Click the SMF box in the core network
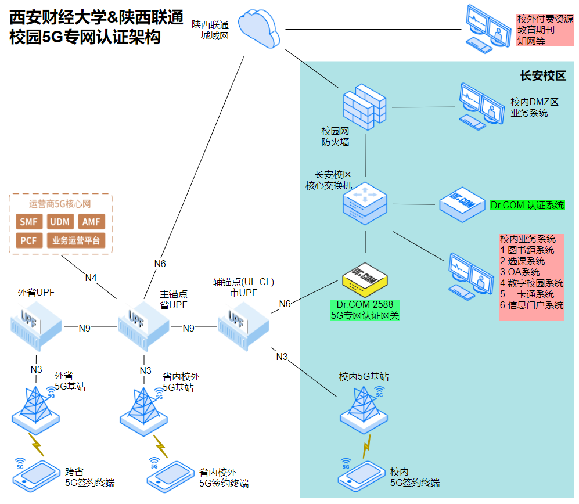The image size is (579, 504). (x=28, y=222)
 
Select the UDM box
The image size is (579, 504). (x=60, y=222)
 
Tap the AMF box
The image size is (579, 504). (x=91, y=222)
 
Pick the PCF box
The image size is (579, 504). (x=28, y=240)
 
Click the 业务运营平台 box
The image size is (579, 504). (x=76, y=240)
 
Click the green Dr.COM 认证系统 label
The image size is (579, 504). (x=527, y=205)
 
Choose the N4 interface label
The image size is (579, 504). (x=91, y=278)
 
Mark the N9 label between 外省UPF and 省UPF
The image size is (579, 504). (x=85, y=328)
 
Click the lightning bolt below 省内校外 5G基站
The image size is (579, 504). (x=160, y=446)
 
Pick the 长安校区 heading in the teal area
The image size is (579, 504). (x=542, y=76)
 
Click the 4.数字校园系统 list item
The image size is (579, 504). (x=531, y=283)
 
